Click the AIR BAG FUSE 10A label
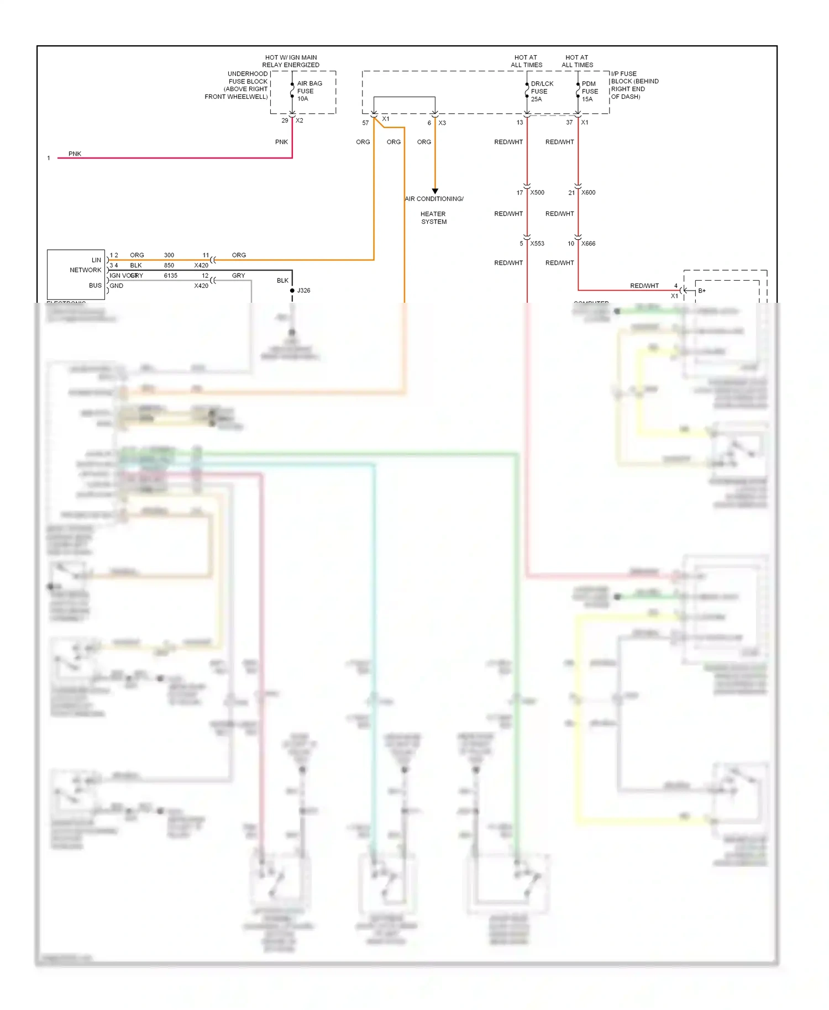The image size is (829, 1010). pos(309,91)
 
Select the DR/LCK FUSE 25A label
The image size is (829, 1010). pos(541,91)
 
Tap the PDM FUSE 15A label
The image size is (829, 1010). pos(589,91)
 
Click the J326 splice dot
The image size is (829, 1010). pos(292,291)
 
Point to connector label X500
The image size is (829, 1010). pos(537,193)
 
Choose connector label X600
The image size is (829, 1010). pos(588,193)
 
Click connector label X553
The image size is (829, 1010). pos(537,244)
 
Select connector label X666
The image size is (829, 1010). pos(588,244)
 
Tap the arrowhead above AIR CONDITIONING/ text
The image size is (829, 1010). pos(435,191)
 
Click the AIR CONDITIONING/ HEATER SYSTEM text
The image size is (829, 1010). pos(434,210)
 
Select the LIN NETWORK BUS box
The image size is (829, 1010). pos(76,274)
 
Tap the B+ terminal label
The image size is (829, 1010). pos(701,291)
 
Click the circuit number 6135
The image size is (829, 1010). pos(171,276)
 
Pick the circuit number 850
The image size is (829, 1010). pos(169,266)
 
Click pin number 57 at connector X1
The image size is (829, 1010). pos(365,123)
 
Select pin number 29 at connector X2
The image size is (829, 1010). pos(285,120)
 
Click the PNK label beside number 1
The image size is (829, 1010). pos(75,154)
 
